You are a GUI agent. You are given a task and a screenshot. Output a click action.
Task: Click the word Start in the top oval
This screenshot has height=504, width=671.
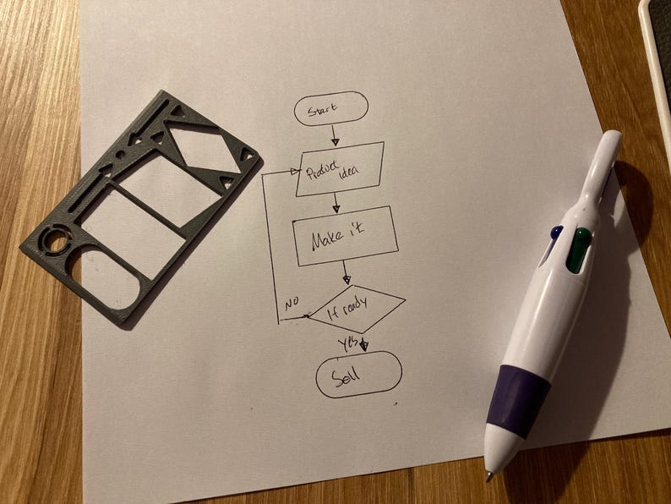(323, 110)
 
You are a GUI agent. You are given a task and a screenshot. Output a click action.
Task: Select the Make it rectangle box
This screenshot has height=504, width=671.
(344, 236)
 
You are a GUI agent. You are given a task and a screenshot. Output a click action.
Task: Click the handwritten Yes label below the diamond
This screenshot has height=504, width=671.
(347, 343)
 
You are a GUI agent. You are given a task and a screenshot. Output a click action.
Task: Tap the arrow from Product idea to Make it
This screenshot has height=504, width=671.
(336, 204)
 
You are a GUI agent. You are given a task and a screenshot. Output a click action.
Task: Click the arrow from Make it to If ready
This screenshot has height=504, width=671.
(346, 271)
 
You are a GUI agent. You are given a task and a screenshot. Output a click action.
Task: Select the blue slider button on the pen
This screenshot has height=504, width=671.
(554, 233)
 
